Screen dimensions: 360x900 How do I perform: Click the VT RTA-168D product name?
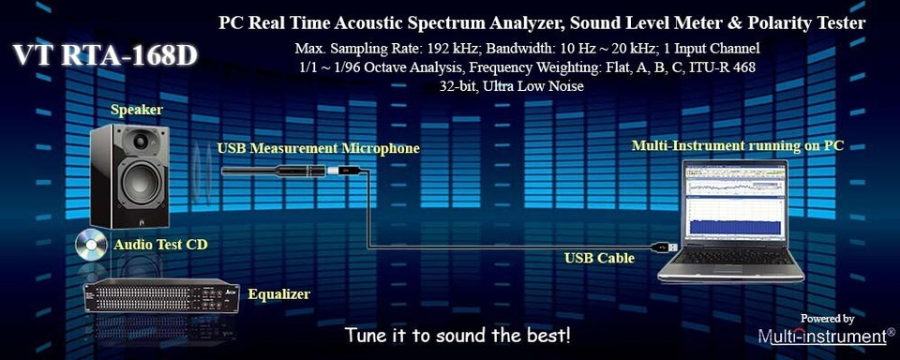(x=105, y=55)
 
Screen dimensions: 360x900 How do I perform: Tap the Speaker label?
(x=137, y=110)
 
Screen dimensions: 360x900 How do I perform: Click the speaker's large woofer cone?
(x=139, y=184)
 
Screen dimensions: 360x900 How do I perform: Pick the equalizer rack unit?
(x=160, y=296)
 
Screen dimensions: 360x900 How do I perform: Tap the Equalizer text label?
(x=278, y=294)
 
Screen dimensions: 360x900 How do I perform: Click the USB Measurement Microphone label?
(x=318, y=148)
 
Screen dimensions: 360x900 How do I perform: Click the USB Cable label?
(x=599, y=257)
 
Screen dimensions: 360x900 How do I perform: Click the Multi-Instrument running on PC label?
(x=737, y=145)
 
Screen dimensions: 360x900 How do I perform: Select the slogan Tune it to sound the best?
(x=457, y=335)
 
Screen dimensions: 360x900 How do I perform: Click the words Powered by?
(x=827, y=319)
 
